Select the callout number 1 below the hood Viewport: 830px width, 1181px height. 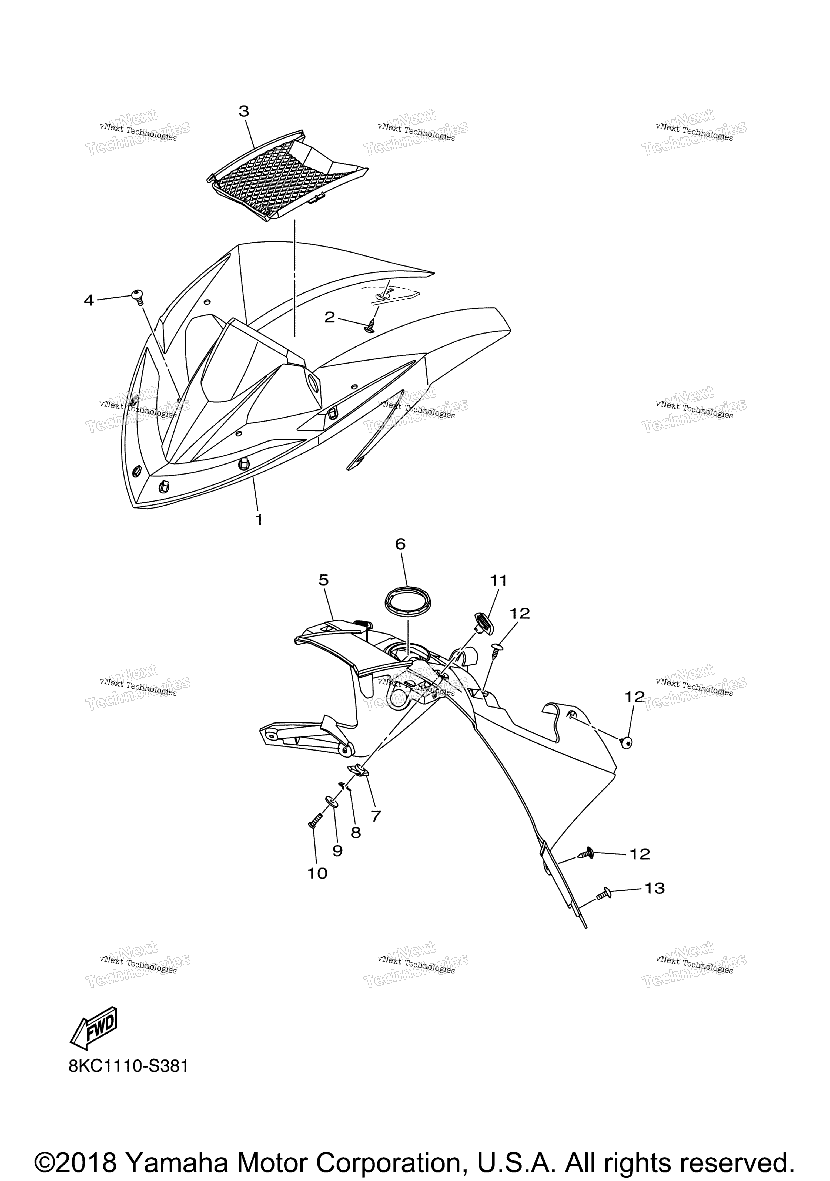(x=259, y=520)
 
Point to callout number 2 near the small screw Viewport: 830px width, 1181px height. (x=329, y=317)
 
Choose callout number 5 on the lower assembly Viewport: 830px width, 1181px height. (x=323, y=580)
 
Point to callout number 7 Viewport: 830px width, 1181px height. (x=376, y=816)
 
